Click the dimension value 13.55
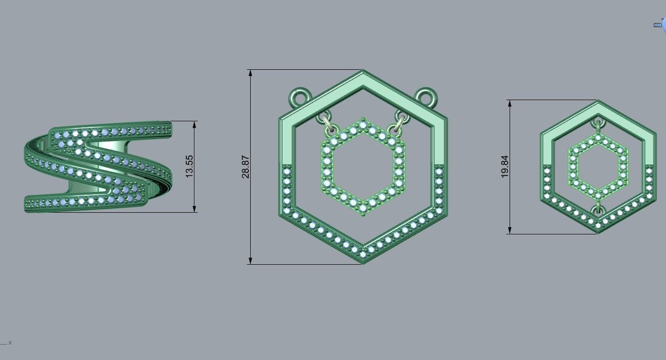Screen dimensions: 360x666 (189, 167)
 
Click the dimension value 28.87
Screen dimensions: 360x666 (245, 167)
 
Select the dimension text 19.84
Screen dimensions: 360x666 (504, 167)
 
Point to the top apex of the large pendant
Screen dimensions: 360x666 (363, 72)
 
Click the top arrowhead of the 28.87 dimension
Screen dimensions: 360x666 (250, 73)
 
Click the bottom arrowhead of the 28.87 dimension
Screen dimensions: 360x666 (250, 260)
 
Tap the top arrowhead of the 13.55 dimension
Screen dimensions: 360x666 (194, 124)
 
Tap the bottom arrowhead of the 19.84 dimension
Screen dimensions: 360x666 (510, 231)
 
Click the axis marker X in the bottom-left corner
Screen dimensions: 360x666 (10, 343)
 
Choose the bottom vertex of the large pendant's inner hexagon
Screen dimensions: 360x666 (363, 214)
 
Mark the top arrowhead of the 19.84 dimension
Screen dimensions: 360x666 (510, 103)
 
